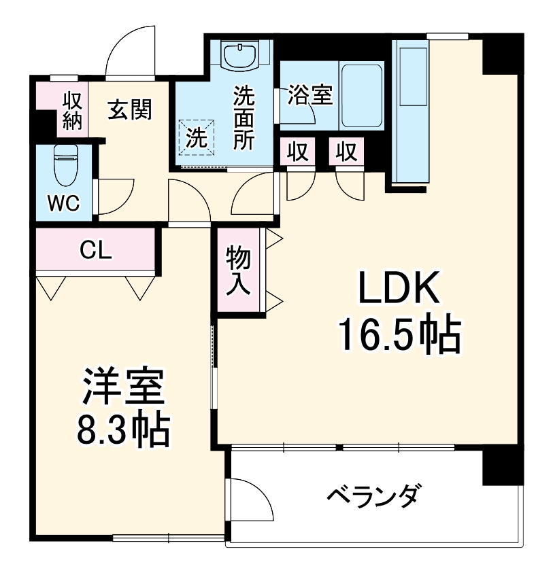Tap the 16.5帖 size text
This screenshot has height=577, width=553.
(x=400, y=333)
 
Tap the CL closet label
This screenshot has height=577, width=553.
(x=95, y=250)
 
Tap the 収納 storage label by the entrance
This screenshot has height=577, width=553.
(x=73, y=111)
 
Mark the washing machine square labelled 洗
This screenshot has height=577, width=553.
(x=197, y=139)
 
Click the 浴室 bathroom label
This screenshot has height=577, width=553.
(x=309, y=95)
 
